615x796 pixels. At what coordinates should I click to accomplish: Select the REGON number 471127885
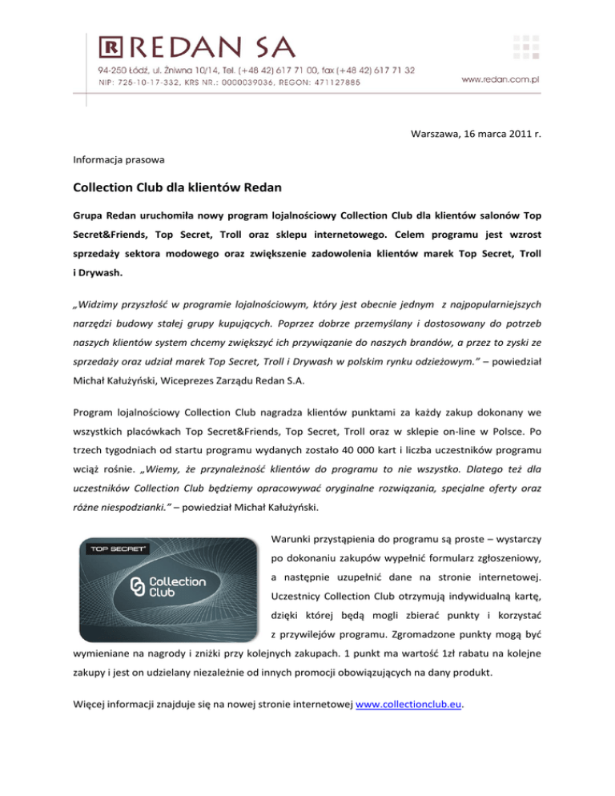coord(332,82)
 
